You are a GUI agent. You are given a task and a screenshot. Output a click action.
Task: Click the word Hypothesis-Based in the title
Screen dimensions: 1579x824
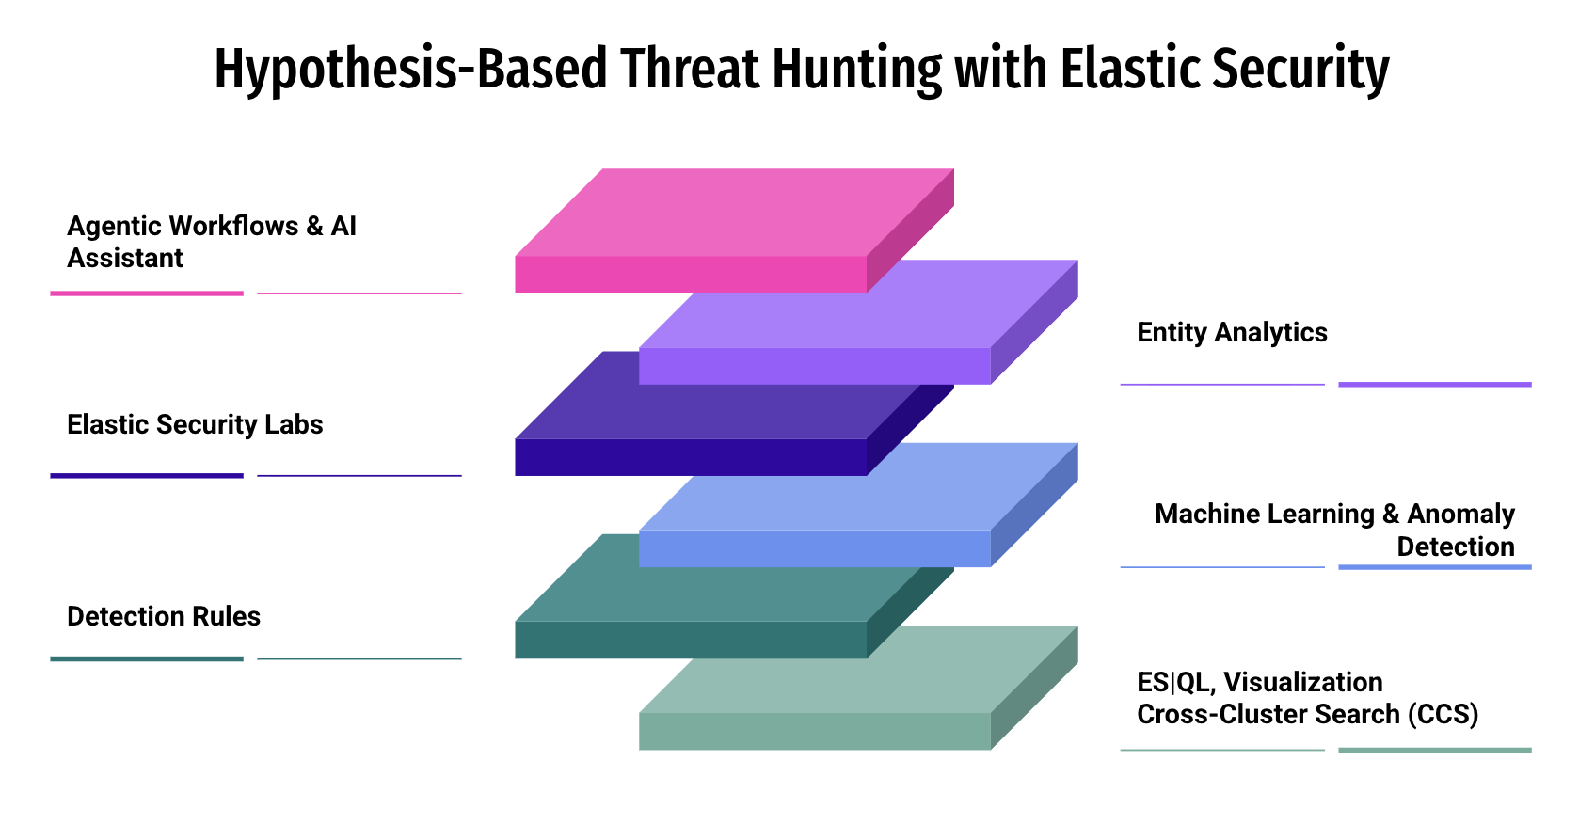point(410,70)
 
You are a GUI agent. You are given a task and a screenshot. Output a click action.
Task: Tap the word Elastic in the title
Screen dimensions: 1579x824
point(1129,69)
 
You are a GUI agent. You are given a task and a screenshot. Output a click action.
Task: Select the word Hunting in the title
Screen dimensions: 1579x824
point(856,70)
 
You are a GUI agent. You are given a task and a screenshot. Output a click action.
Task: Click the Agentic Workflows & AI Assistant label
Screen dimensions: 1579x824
point(212,242)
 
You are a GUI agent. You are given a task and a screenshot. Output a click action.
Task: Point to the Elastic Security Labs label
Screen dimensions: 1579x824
point(195,424)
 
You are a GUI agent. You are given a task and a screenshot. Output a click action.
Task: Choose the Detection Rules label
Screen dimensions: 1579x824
point(164,616)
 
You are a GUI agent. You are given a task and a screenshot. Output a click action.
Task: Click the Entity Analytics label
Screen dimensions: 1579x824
point(1232,333)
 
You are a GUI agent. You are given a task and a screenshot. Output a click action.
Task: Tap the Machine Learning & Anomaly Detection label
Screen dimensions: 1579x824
point(1334,531)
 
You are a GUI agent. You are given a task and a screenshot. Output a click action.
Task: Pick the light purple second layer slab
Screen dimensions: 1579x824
point(858,322)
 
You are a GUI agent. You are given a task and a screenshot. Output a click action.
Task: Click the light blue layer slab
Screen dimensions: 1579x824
point(858,505)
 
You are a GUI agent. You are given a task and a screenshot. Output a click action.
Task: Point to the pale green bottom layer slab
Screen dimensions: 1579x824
point(858,688)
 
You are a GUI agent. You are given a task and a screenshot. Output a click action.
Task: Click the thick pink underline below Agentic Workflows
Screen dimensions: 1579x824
point(147,293)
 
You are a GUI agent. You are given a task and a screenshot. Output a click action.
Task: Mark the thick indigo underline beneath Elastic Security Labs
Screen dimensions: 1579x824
point(147,476)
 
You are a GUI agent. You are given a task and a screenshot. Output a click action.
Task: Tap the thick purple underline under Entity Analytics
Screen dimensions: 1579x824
point(1435,384)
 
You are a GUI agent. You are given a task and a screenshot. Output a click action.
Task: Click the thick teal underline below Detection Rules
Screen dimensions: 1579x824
point(147,659)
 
